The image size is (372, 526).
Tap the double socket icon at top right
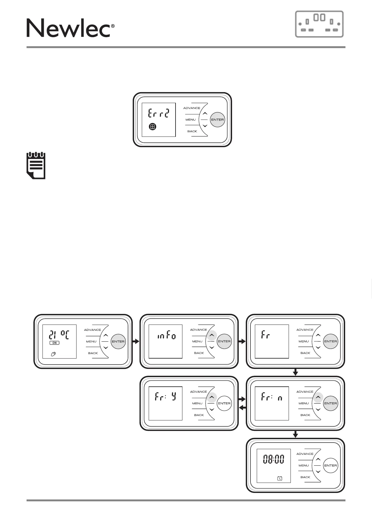click(319, 24)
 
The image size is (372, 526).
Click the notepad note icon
click(36, 165)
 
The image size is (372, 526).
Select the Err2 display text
click(158, 113)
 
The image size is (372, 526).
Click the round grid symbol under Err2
click(152, 127)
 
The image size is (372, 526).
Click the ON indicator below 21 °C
click(54, 343)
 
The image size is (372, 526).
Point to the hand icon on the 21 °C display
click(53, 354)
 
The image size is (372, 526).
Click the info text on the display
click(166, 336)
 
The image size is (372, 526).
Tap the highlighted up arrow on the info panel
click(211, 335)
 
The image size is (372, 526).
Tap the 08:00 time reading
click(274, 459)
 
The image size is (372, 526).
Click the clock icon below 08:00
click(280, 478)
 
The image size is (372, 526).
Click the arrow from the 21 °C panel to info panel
click(136, 341)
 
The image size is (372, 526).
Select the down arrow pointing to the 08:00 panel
click(295, 434)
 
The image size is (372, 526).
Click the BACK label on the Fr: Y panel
click(199, 415)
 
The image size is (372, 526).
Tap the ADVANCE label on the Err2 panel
click(191, 108)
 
